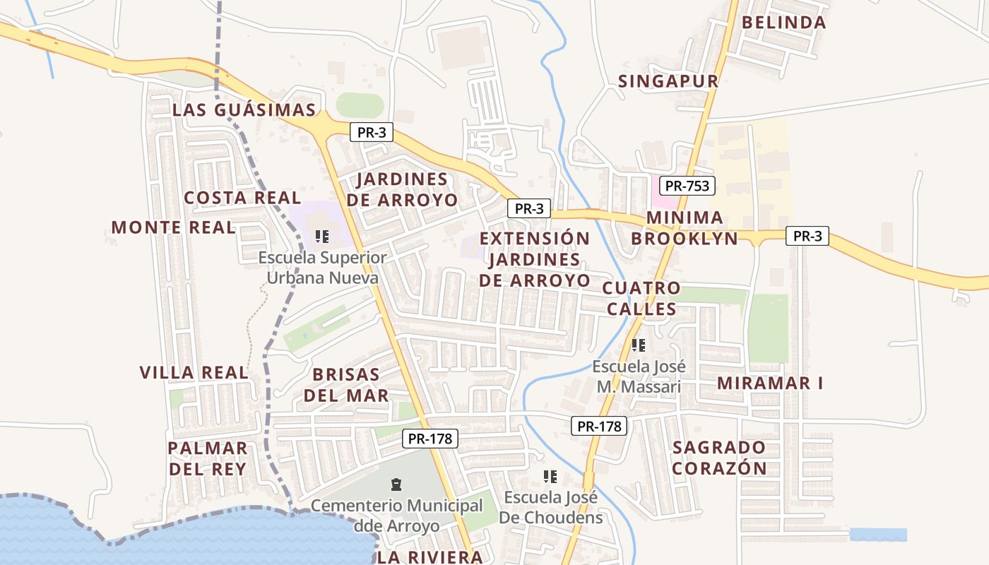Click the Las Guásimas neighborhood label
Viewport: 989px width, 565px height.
click(244, 110)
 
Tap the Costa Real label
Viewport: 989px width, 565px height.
click(242, 198)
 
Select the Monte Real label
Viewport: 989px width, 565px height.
click(173, 227)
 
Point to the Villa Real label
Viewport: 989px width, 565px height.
click(194, 373)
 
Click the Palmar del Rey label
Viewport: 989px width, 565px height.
click(207, 458)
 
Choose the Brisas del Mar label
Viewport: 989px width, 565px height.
click(346, 384)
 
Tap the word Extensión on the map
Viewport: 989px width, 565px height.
click(535, 238)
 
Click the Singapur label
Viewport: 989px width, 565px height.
click(668, 81)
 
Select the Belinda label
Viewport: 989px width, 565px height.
click(783, 23)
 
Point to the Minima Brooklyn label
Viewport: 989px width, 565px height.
click(684, 227)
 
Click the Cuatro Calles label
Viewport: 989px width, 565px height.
click(641, 298)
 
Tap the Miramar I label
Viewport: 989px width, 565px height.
click(770, 383)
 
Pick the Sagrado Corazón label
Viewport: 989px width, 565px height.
click(719, 458)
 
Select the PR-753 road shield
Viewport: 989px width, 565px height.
click(687, 186)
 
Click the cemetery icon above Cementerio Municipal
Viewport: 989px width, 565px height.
click(396, 484)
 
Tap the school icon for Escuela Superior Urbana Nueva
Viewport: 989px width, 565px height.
click(322, 237)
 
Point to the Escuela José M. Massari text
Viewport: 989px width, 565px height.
click(639, 376)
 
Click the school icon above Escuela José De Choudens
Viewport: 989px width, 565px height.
click(551, 477)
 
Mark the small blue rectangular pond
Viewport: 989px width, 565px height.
click(878, 535)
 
